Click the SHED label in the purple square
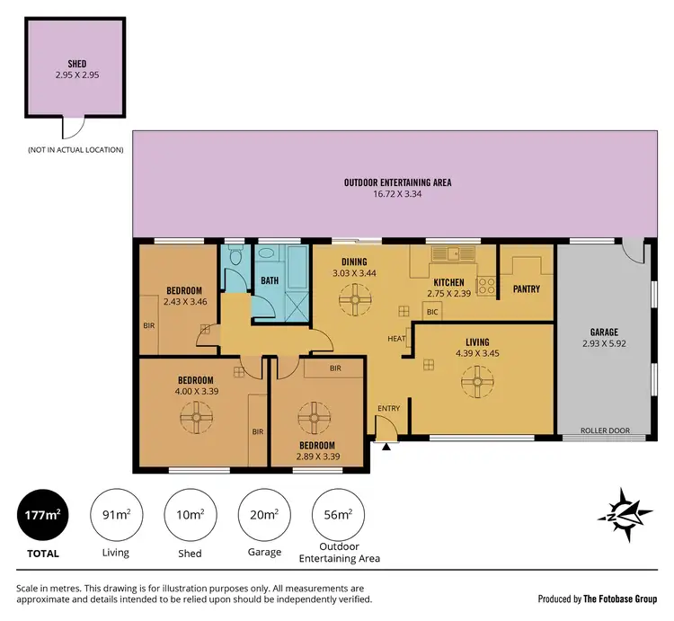[x=76, y=64]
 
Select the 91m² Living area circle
[x=115, y=515]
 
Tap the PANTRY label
[x=525, y=288]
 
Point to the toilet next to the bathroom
[x=235, y=258]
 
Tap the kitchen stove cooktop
[x=486, y=286]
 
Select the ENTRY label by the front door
[x=388, y=409]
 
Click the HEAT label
[x=396, y=339]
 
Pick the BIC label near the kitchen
[x=431, y=313]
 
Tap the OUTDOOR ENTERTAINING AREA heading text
[x=397, y=182]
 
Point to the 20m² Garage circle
[x=261, y=515]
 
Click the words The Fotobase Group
[x=619, y=599]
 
